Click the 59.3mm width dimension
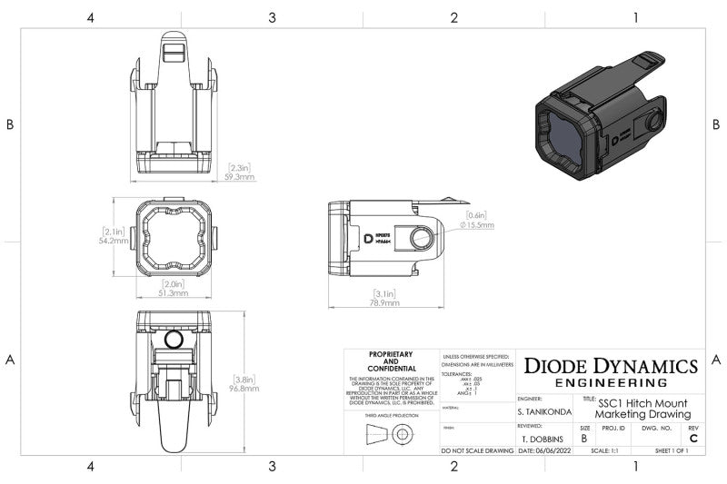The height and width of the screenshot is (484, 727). point(241,178)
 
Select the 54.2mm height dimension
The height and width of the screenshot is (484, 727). point(114,242)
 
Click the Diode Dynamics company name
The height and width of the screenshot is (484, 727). point(611,366)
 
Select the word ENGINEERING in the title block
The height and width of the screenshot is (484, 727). point(611,382)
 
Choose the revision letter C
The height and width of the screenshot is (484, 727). point(693,439)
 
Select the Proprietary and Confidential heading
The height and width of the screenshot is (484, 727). point(391,361)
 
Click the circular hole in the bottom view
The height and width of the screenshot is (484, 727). point(175,340)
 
